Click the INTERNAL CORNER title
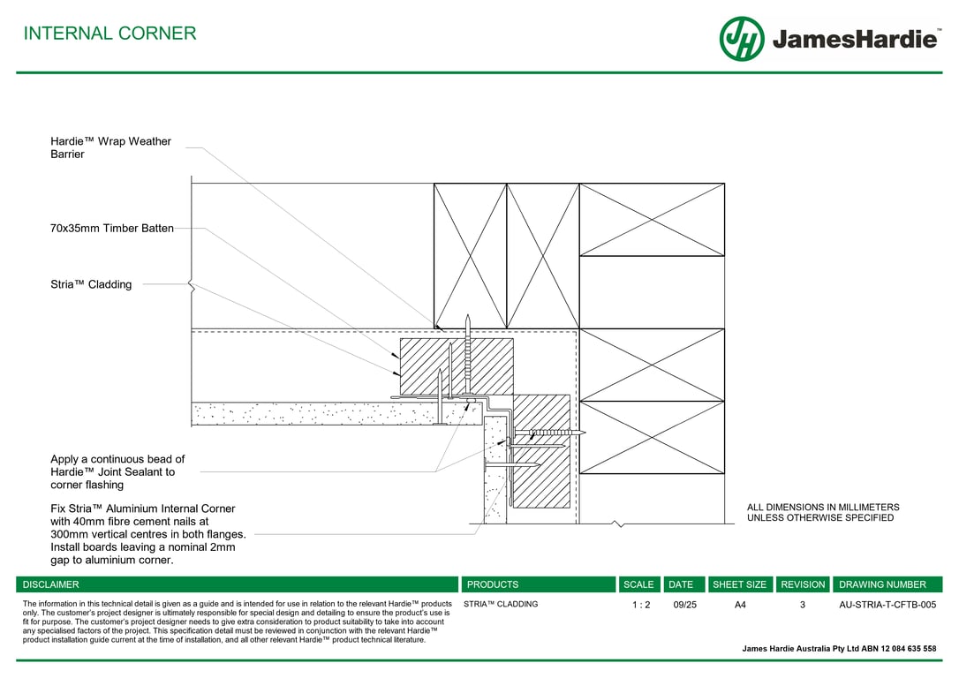[x=109, y=34]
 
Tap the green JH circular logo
[x=742, y=39]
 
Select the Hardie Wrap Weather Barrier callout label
[x=110, y=147]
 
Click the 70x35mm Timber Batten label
[x=112, y=229]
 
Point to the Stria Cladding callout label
[x=91, y=284]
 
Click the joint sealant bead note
[x=117, y=471]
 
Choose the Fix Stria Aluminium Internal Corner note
[x=147, y=534]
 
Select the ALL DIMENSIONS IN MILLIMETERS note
[x=823, y=512]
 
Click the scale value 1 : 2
[x=640, y=605]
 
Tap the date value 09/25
[x=684, y=605]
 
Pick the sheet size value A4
[x=740, y=605]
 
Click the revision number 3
[x=803, y=605]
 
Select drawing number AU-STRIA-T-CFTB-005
[x=887, y=605]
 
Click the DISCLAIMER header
[x=51, y=584]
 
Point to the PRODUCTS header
[x=493, y=584]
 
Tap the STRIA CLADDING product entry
[x=501, y=605]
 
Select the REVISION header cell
[x=803, y=584]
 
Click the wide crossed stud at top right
[x=652, y=220]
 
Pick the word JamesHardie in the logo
[x=854, y=40]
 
